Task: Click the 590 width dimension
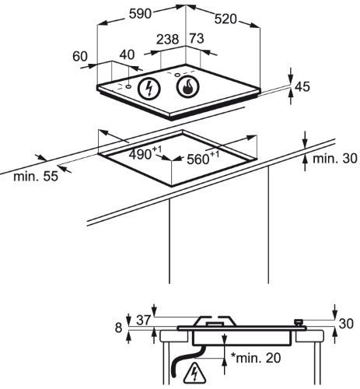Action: [x=140, y=14]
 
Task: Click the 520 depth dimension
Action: [x=225, y=19]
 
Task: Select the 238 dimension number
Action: [x=168, y=39]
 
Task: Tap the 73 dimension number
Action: [x=197, y=38]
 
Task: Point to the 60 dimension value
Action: [x=80, y=56]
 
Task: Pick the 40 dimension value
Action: [x=128, y=54]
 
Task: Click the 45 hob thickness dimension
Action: [x=302, y=86]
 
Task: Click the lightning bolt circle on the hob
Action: [x=149, y=89]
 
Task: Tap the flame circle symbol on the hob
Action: [x=187, y=86]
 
